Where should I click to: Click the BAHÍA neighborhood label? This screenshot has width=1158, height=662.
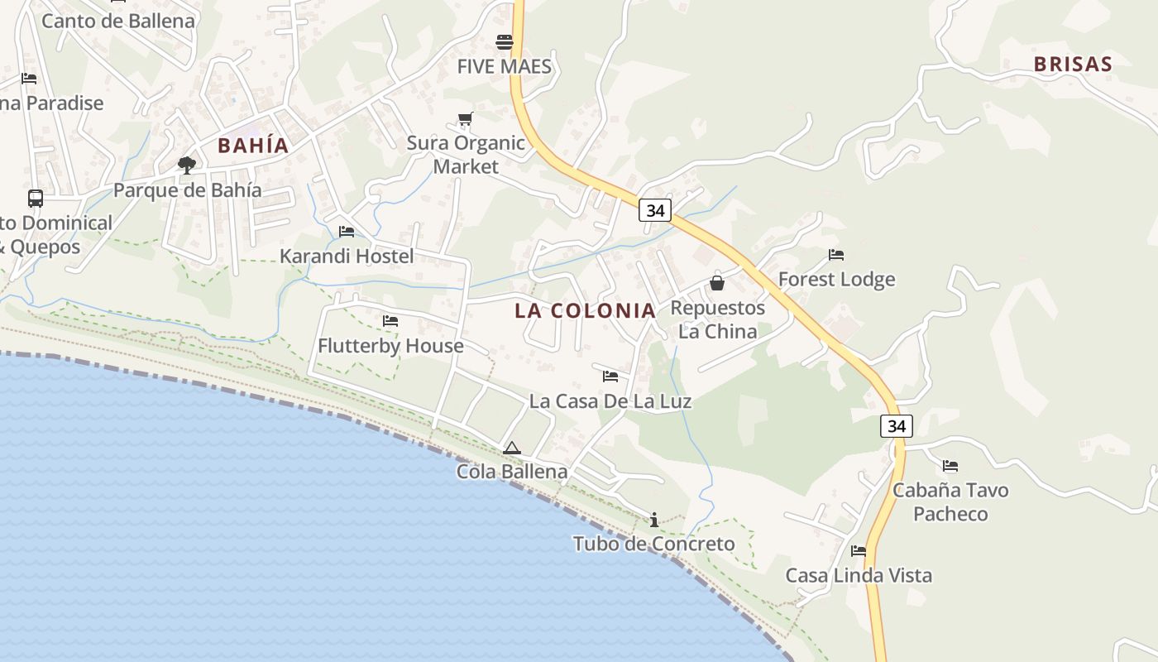tap(253, 146)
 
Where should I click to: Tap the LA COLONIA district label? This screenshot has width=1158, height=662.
tap(585, 311)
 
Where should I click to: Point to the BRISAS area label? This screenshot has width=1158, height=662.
tap(1073, 65)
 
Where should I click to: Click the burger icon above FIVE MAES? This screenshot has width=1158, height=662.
tap(505, 42)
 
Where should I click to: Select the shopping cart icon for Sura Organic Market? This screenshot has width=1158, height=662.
tap(465, 119)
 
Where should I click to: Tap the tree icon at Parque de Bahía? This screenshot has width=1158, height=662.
tap(187, 165)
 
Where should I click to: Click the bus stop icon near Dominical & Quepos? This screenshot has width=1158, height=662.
tap(36, 199)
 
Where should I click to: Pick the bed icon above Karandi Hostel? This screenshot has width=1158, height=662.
tap(347, 232)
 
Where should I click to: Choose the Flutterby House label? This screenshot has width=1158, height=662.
tap(390, 346)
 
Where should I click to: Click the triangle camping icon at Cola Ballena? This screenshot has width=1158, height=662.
tap(512, 449)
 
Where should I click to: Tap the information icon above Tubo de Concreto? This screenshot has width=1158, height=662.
tap(654, 520)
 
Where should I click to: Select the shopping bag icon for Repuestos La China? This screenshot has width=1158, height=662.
tap(717, 283)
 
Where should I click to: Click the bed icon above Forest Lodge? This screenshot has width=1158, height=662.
tap(836, 255)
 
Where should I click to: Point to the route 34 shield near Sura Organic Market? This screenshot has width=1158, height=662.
tap(655, 210)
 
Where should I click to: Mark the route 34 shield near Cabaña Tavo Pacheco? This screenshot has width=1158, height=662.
tap(897, 426)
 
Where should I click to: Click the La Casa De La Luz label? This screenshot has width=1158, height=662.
tap(610, 402)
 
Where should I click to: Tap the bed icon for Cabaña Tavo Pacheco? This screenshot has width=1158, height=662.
tap(950, 467)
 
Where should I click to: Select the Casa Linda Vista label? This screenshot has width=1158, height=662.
tap(859, 576)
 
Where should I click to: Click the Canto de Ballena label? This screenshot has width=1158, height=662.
tap(118, 21)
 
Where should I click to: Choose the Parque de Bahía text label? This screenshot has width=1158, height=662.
tap(187, 190)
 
